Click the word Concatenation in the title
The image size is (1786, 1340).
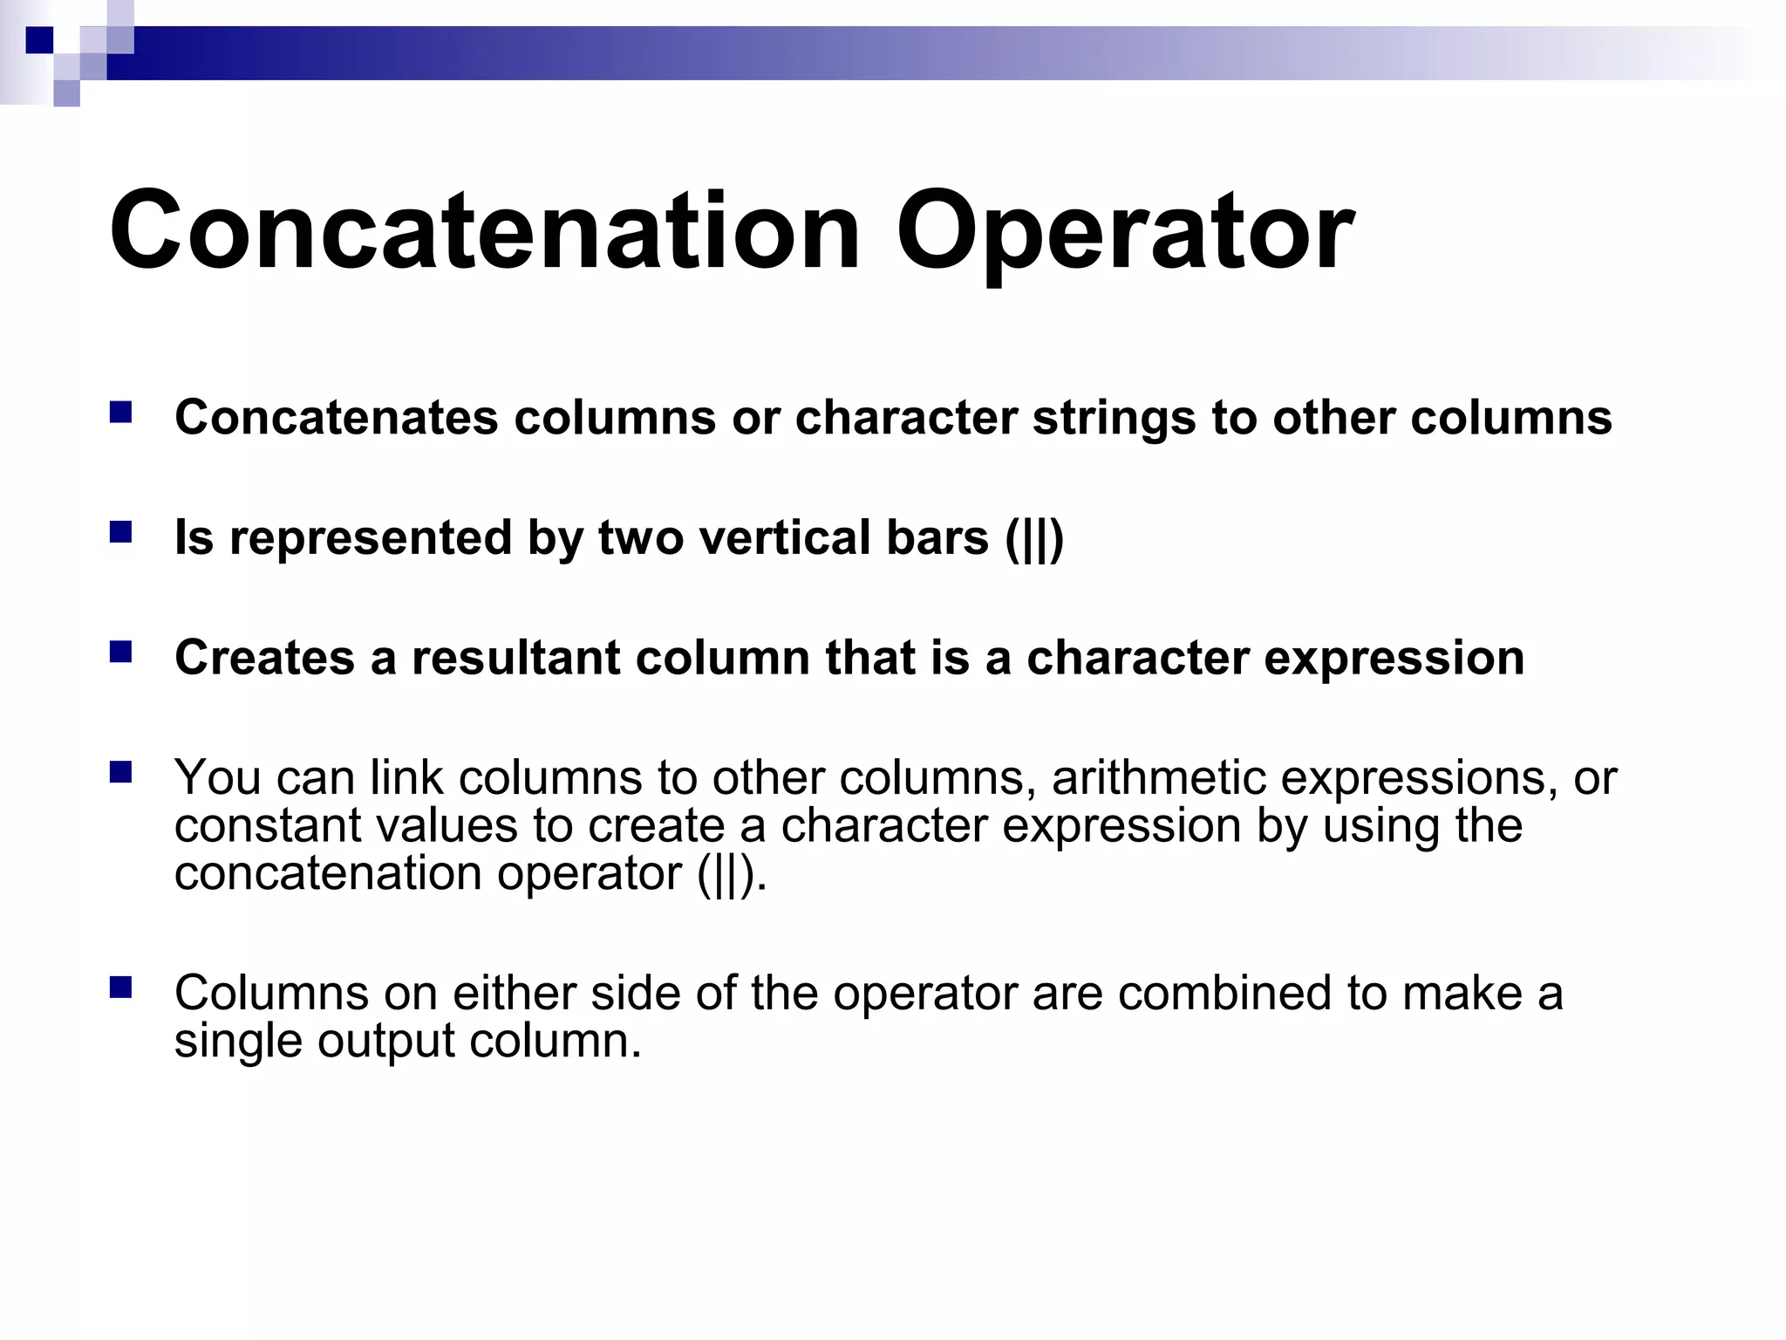pos(485,232)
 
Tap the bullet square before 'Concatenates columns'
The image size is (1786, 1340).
pos(120,412)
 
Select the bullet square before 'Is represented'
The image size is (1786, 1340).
pos(120,532)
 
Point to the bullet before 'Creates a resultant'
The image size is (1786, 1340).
pos(120,652)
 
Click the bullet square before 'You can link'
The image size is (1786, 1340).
pos(120,771)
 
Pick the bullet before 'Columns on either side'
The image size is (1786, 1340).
pos(120,987)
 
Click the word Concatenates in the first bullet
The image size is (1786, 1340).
pos(336,417)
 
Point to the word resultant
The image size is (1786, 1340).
pos(515,657)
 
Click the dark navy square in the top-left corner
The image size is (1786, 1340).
pos(39,40)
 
